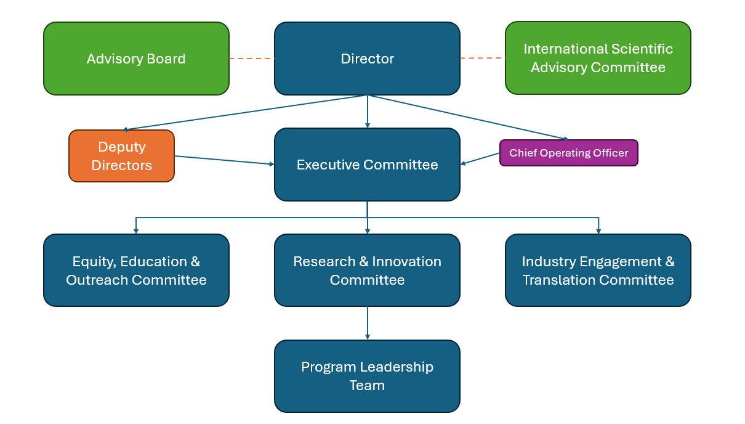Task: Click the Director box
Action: point(367,59)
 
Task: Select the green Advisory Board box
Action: point(136,59)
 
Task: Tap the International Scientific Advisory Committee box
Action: point(598,58)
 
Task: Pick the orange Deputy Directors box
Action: point(121,156)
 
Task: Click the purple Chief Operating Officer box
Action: point(568,153)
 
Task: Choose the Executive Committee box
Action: point(367,165)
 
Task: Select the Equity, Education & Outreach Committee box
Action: point(136,270)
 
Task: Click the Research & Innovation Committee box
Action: point(367,270)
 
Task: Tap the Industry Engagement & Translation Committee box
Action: point(598,270)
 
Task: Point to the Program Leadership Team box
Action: point(367,376)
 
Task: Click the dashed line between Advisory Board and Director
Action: point(251,59)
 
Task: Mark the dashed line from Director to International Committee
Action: point(482,59)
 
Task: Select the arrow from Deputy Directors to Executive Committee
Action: point(224,160)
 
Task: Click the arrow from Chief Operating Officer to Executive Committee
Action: point(480,158)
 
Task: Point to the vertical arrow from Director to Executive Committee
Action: point(368,112)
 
